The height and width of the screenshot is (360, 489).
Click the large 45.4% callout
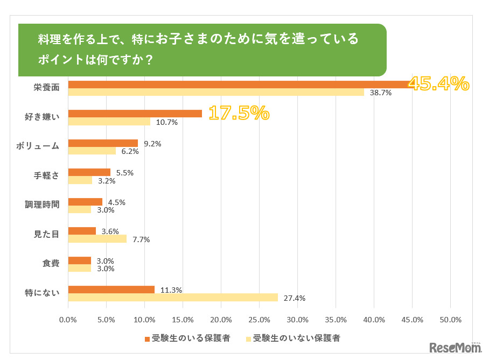click(438, 84)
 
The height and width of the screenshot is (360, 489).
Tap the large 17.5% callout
click(238, 113)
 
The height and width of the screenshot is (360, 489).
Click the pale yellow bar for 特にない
click(173, 298)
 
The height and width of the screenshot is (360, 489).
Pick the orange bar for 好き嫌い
click(135, 114)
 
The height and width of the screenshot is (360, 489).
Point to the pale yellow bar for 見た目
click(97, 239)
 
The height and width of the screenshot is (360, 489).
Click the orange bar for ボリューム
click(103, 143)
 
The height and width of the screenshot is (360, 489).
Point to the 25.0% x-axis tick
click(260, 320)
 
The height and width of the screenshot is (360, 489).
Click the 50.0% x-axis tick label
click(451, 320)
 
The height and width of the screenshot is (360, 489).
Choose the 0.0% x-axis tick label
click(68, 320)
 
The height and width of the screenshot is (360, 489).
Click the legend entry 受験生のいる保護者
click(187, 338)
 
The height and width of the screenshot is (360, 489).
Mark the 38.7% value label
click(380, 93)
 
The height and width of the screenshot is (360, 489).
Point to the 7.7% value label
click(141, 239)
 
